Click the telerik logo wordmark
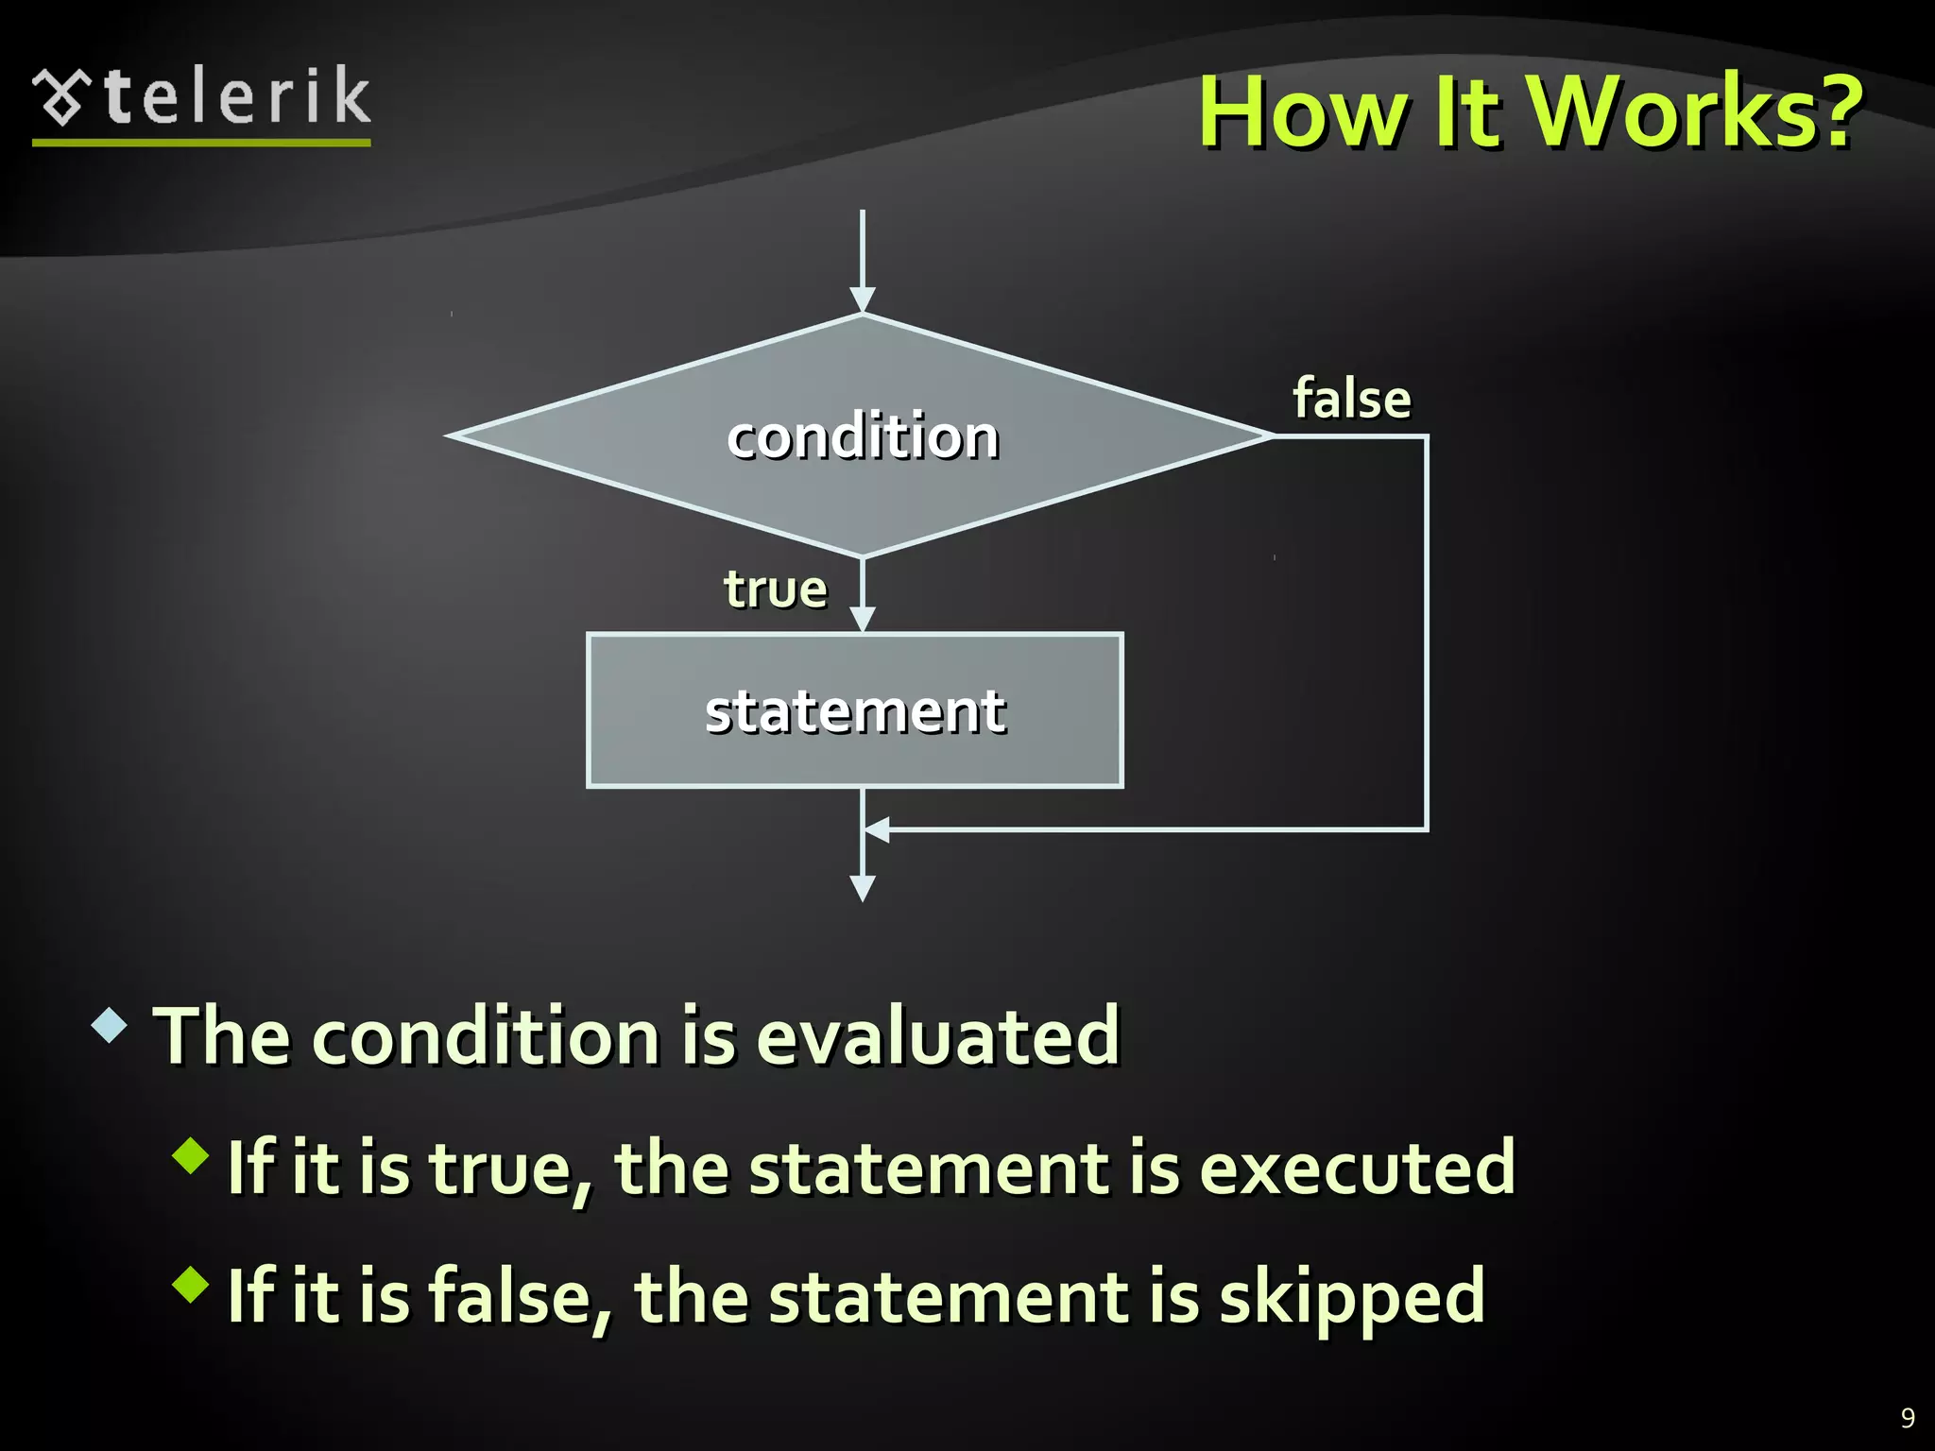click(x=236, y=97)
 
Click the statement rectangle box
click(x=855, y=710)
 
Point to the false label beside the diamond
click(x=1351, y=399)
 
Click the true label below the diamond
click(x=775, y=589)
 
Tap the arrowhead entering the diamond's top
click(x=862, y=299)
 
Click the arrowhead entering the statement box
click(x=862, y=619)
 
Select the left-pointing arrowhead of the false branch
click(x=877, y=830)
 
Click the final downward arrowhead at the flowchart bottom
click(x=862, y=888)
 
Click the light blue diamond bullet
click(x=111, y=1025)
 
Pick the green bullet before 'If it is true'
click(x=191, y=1155)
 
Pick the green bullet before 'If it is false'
click(x=191, y=1285)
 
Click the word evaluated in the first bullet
click(x=937, y=1036)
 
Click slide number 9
click(x=1908, y=1418)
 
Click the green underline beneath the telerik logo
click(x=201, y=143)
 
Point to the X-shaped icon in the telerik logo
click(x=62, y=97)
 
